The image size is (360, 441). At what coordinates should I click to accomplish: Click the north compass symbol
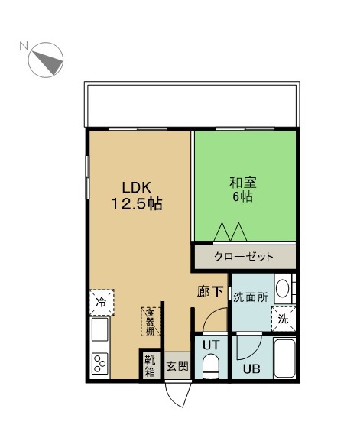click(46, 60)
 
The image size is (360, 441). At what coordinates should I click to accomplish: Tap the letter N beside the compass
click(24, 46)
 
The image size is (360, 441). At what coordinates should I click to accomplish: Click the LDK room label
click(137, 187)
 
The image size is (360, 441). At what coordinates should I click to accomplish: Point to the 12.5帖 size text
click(137, 203)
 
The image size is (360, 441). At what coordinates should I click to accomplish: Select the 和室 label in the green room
click(243, 183)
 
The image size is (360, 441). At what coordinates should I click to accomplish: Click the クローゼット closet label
click(244, 257)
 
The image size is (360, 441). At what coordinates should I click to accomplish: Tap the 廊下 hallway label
click(210, 292)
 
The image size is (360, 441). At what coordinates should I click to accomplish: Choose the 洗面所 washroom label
click(251, 297)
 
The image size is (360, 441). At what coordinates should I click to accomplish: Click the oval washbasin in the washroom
click(282, 289)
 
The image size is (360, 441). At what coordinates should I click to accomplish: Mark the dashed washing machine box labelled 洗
click(284, 319)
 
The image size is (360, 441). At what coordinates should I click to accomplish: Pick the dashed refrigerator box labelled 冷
click(102, 302)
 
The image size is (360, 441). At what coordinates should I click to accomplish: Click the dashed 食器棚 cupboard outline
click(150, 322)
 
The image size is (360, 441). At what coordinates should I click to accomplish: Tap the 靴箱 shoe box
click(150, 365)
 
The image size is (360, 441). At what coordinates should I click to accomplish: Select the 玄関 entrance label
click(177, 366)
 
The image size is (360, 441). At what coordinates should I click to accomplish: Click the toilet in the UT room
click(211, 366)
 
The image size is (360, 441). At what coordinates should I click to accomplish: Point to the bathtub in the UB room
click(284, 358)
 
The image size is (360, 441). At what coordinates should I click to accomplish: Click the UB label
click(251, 368)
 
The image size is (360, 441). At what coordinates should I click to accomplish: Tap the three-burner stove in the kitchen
click(100, 363)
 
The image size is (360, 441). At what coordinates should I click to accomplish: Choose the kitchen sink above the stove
click(100, 329)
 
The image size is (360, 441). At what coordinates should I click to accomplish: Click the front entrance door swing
click(178, 394)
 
